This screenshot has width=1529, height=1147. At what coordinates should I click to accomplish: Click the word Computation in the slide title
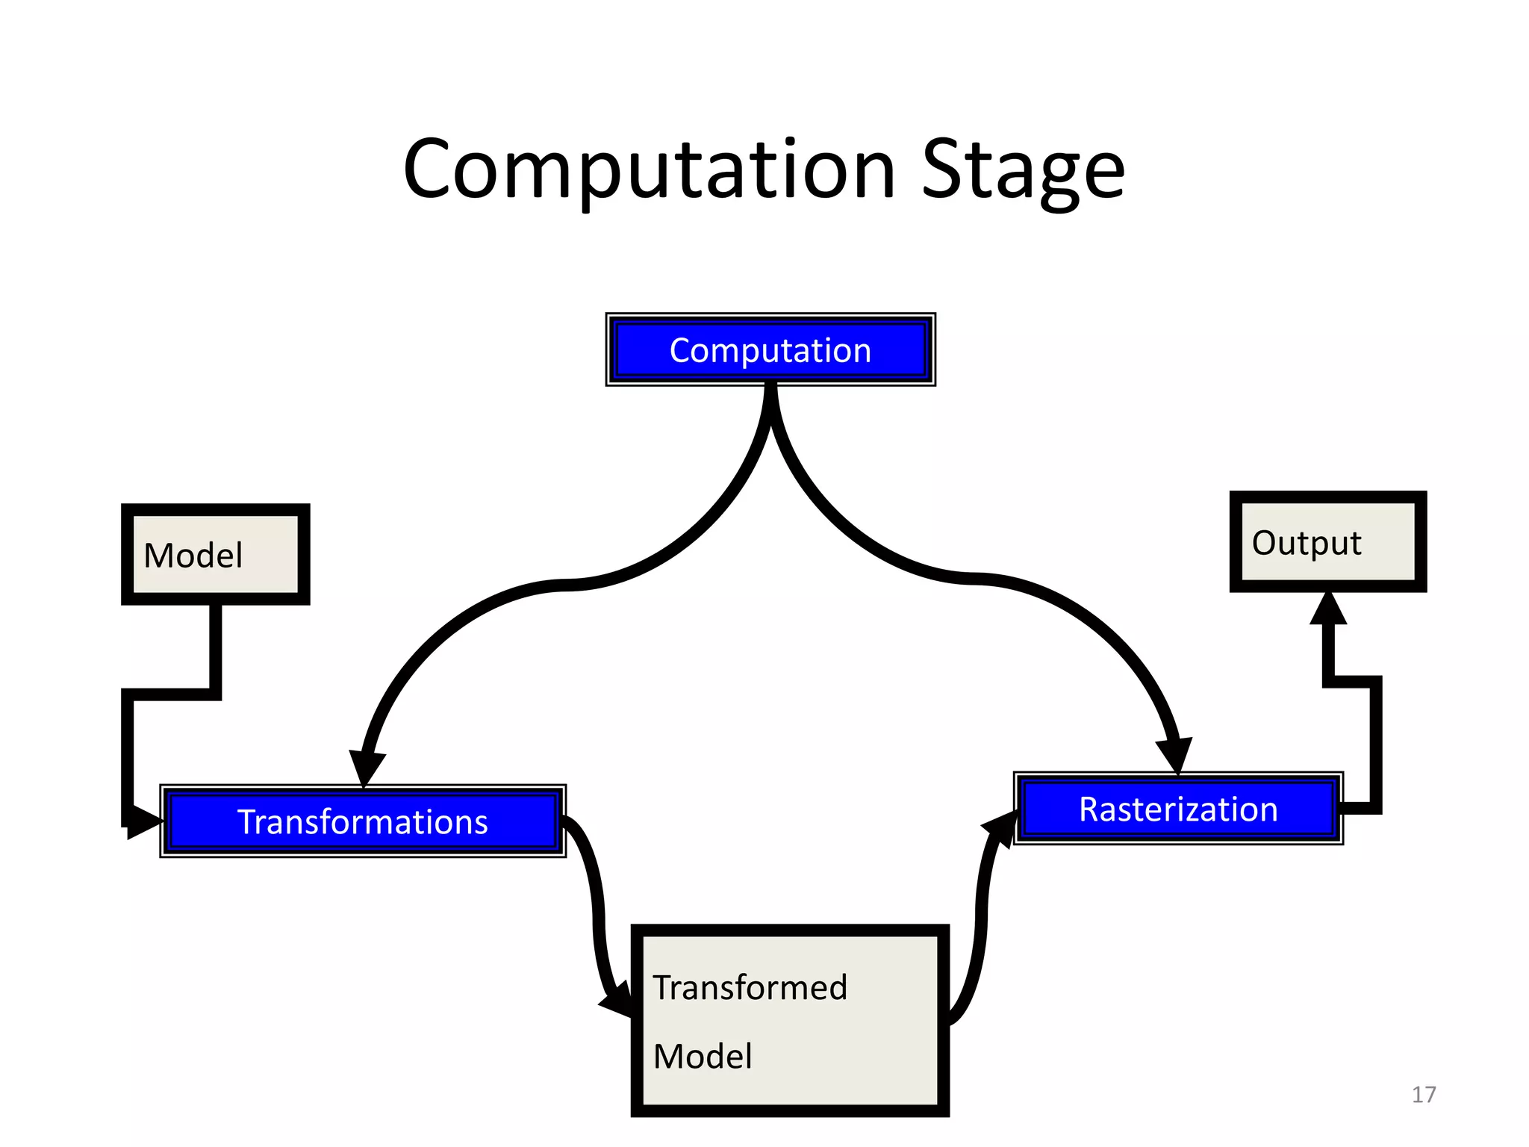pyautogui.click(x=648, y=170)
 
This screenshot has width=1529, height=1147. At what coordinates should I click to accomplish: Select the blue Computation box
pyautogui.click(x=770, y=349)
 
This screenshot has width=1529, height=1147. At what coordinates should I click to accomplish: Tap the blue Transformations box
pyautogui.click(x=363, y=821)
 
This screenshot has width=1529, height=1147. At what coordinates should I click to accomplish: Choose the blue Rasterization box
pyautogui.click(x=1178, y=809)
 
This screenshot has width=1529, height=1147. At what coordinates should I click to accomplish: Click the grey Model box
pyautogui.click(x=216, y=555)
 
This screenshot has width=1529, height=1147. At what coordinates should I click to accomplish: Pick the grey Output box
pyautogui.click(x=1327, y=542)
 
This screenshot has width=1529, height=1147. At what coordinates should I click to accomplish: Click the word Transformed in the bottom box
pyautogui.click(x=750, y=987)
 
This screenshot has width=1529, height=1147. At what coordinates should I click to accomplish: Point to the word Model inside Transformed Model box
pyautogui.click(x=703, y=1056)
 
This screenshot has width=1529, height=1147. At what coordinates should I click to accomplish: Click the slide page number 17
pyautogui.click(x=1423, y=1095)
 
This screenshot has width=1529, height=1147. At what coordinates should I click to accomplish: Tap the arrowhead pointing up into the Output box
pyautogui.click(x=1328, y=609)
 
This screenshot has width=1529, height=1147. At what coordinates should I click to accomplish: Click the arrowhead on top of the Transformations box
pyautogui.click(x=366, y=769)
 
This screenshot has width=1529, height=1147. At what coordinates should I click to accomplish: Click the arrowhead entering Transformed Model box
pyautogui.click(x=618, y=1001)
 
